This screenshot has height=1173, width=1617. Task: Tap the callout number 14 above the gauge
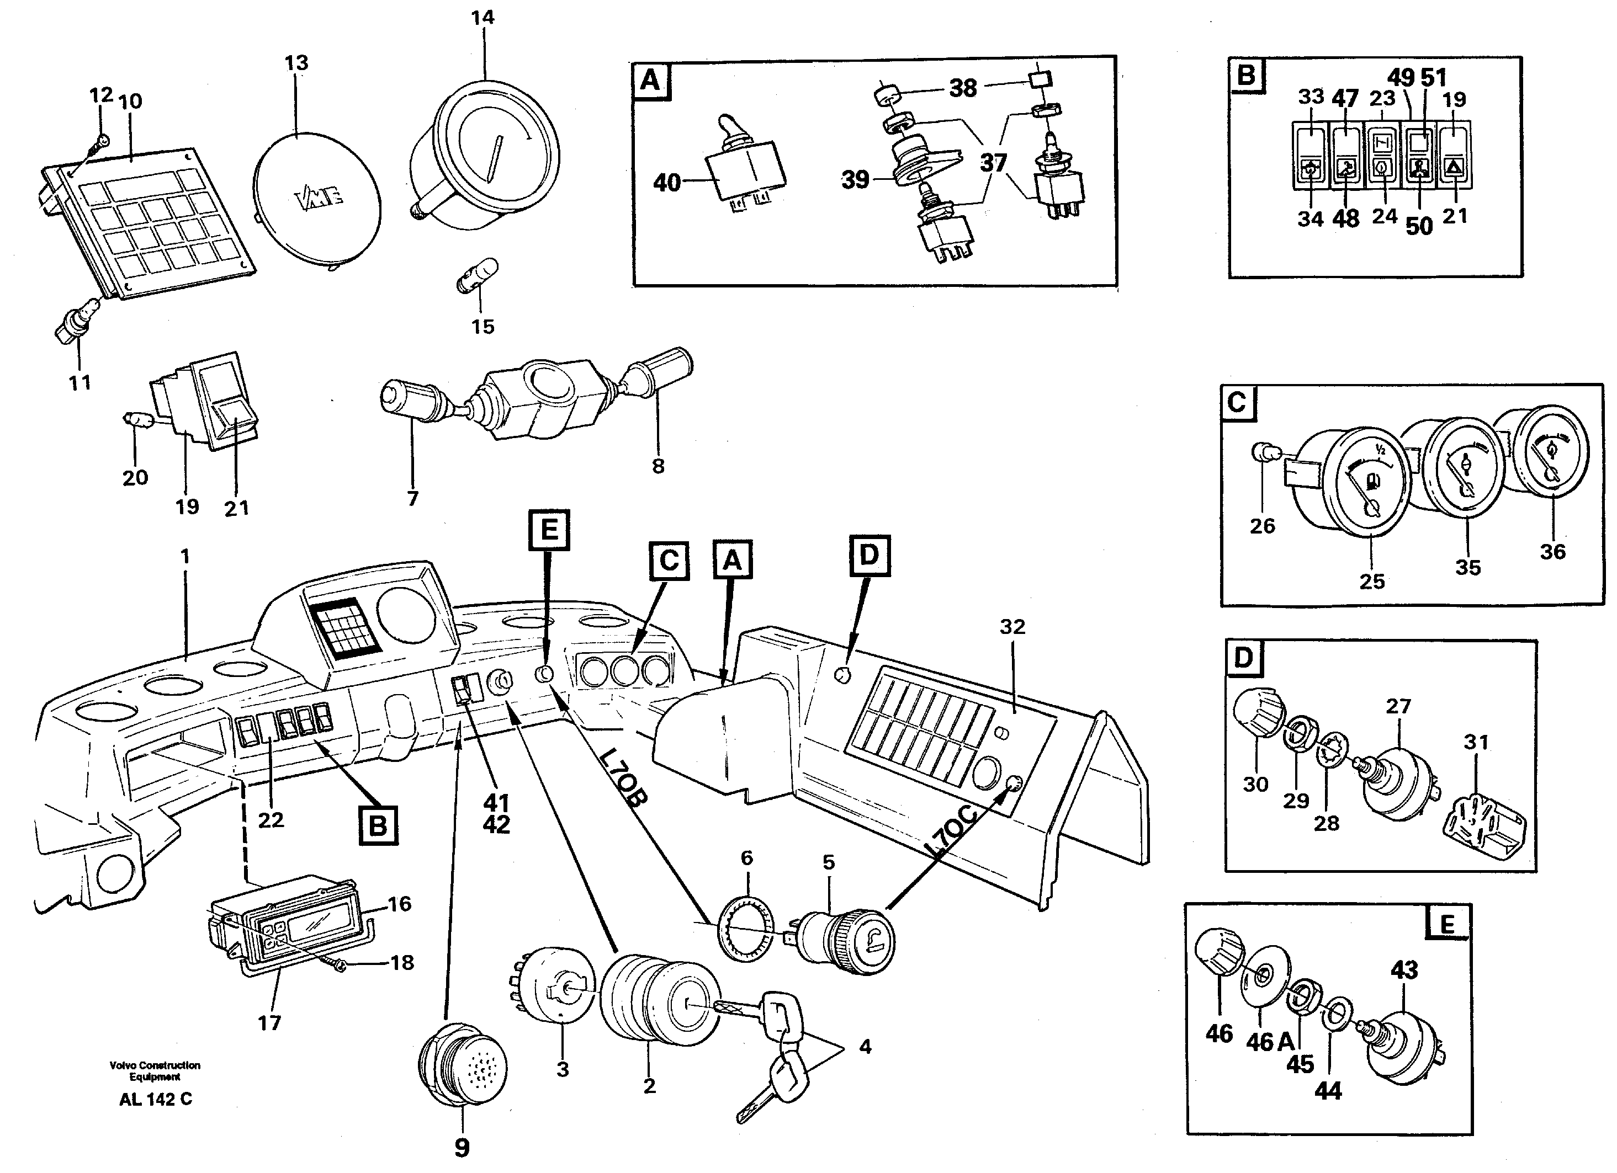[x=483, y=17]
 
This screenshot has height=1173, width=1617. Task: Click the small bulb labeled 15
[x=477, y=276]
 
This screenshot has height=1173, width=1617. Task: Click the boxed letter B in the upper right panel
[x=1246, y=75]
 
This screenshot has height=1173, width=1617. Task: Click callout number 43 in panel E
[x=1404, y=970]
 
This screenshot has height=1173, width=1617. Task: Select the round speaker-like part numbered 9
[x=462, y=1065]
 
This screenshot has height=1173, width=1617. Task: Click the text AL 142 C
[x=156, y=1099]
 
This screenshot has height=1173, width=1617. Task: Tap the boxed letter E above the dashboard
[x=549, y=530]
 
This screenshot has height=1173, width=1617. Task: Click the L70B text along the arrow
[x=622, y=776]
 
